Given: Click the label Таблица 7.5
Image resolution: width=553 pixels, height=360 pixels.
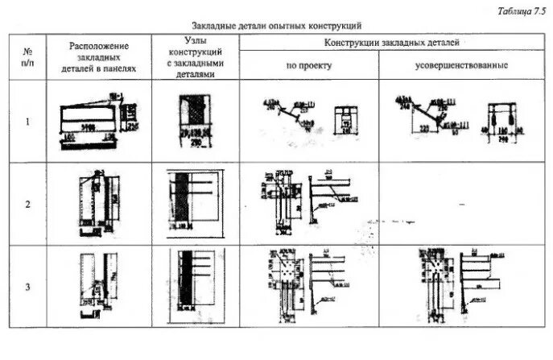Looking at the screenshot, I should [521, 10].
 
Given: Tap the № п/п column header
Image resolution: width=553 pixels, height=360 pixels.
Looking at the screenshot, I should [27, 56].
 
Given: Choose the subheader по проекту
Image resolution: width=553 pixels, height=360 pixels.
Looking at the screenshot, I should [309, 64].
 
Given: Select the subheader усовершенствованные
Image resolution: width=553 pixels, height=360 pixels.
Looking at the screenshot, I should [461, 64].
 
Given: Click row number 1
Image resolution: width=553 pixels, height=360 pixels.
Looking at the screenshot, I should [27, 122].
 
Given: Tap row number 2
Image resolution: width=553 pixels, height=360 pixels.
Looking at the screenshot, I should [27, 204].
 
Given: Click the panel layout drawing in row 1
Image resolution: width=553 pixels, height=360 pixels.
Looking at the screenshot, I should [96, 122].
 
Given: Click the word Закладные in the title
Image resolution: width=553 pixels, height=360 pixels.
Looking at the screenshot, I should [213, 27].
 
